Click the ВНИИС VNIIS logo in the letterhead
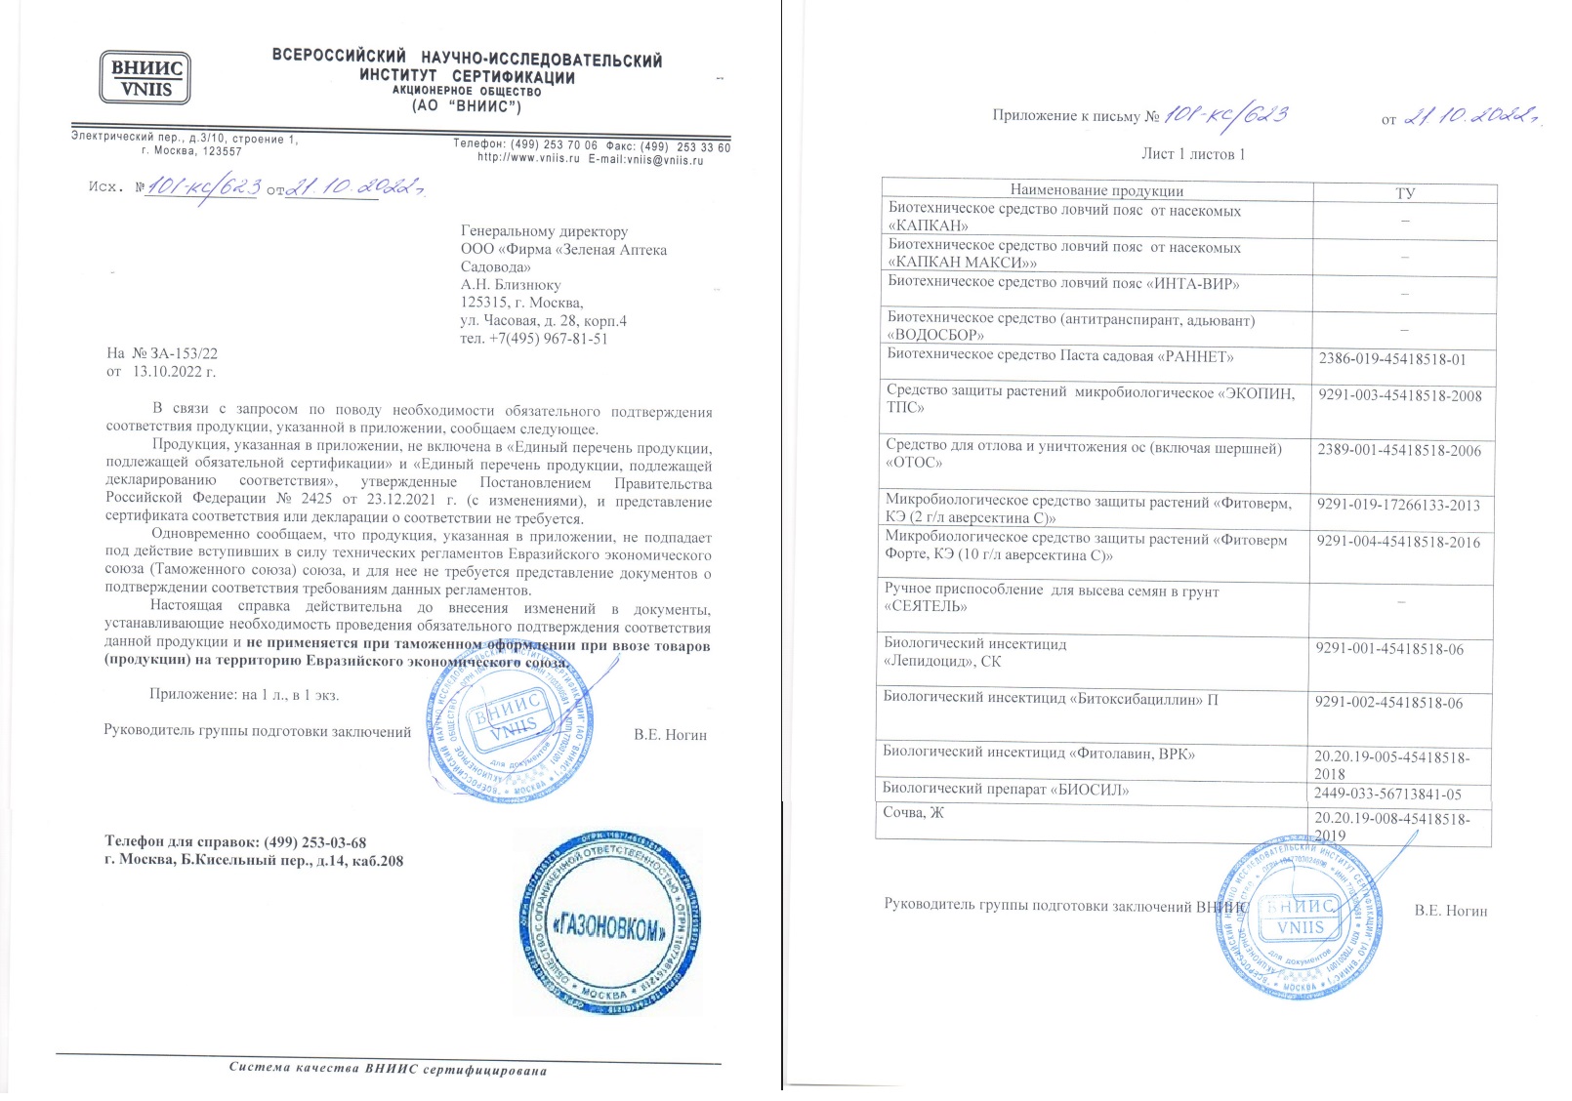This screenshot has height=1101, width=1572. click(x=145, y=78)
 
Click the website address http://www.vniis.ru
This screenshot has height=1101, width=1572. click(x=528, y=159)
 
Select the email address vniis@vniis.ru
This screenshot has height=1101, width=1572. click(x=665, y=160)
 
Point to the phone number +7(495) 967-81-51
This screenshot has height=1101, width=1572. click(x=548, y=339)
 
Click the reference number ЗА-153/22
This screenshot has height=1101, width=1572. click(x=184, y=353)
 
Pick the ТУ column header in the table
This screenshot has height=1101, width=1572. click(x=1404, y=193)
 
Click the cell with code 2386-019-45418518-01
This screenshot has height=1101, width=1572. click(x=1391, y=359)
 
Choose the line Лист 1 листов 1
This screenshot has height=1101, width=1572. click(x=1192, y=154)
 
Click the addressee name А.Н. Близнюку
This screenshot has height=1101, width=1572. click(x=511, y=285)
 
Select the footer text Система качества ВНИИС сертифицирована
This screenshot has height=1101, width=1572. click(x=388, y=1069)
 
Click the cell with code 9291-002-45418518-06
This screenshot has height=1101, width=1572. click(x=1388, y=703)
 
